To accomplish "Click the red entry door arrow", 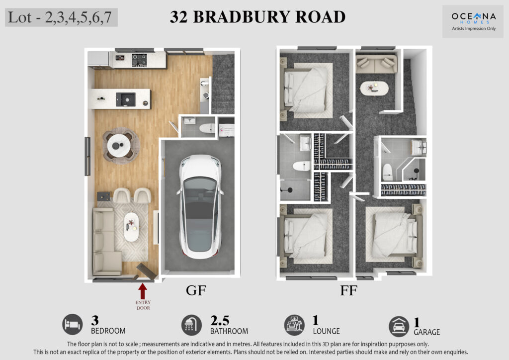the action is (x=143, y=291).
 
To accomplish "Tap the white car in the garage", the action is (x=200, y=206).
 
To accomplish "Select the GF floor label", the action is (x=196, y=290).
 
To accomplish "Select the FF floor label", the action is (x=348, y=290).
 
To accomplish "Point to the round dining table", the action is (x=119, y=146).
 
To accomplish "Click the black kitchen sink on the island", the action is (x=126, y=99).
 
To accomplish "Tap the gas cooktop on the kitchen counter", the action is (x=139, y=60).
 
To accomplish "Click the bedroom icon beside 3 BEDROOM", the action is (x=73, y=324).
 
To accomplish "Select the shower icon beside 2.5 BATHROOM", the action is (x=191, y=325).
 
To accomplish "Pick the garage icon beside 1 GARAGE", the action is (x=399, y=326).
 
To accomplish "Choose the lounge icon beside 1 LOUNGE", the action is (x=294, y=325).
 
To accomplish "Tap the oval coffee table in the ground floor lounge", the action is (x=131, y=227).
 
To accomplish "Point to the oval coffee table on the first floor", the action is (x=374, y=88).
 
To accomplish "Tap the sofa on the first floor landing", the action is (x=376, y=64).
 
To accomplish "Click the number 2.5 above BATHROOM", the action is (x=220, y=321).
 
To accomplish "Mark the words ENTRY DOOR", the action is (x=143, y=305).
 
